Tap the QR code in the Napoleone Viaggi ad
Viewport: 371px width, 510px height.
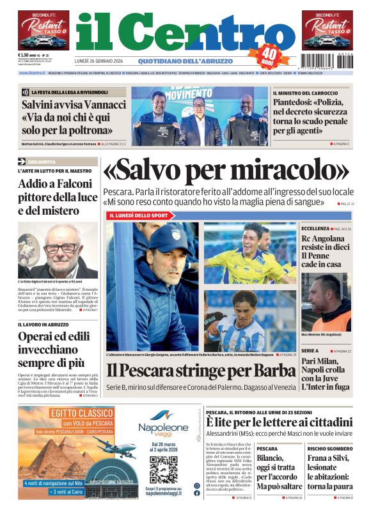coord(162,468)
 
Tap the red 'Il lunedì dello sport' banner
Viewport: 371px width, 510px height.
coord(138,215)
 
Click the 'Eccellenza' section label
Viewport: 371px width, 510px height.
coord(315,228)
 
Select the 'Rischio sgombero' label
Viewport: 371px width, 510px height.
coord(327,448)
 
